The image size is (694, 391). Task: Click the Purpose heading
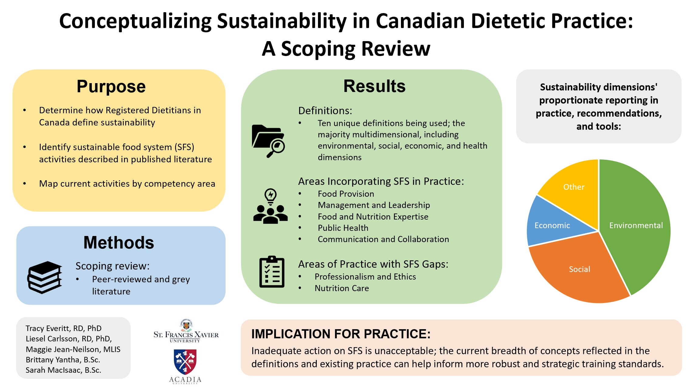click(x=111, y=86)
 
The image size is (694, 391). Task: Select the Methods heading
click(x=119, y=243)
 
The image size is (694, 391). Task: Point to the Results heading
click(x=375, y=86)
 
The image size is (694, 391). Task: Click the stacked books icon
click(x=45, y=277)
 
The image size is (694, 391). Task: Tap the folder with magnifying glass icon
click(x=268, y=141)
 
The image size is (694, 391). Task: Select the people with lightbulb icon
click(x=270, y=206)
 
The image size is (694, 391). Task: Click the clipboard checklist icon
click(x=272, y=272)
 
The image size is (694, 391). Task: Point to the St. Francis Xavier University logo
click(x=186, y=331)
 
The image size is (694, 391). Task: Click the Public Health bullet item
click(x=343, y=228)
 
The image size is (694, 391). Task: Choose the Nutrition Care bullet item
click(x=342, y=288)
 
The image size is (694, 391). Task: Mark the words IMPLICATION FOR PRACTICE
click(x=341, y=334)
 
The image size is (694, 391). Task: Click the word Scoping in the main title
click(x=318, y=49)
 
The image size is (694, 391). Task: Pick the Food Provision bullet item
click(x=346, y=194)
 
